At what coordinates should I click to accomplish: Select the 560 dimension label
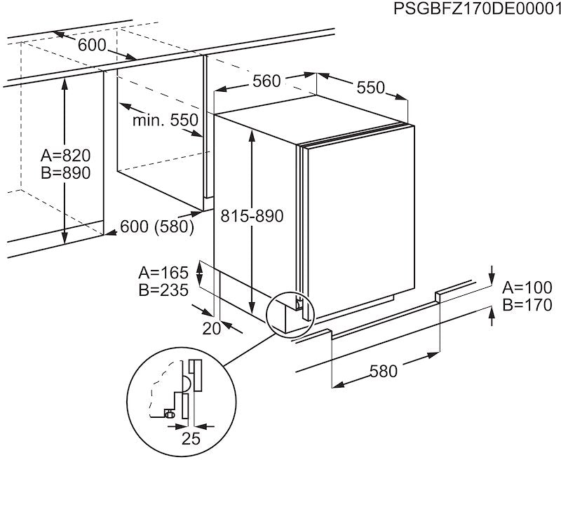pyautogui.click(x=266, y=81)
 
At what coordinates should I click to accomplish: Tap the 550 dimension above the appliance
pyautogui.click(x=370, y=88)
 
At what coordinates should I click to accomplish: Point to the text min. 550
pyautogui.click(x=165, y=120)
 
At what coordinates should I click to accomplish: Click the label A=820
pyautogui.click(x=65, y=155)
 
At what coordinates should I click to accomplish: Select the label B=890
pyautogui.click(x=65, y=173)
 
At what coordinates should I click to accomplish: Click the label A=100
pyautogui.click(x=528, y=287)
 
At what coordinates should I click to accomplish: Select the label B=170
pyautogui.click(x=528, y=305)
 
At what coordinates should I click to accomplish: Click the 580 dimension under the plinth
pyautogui.click(x=383, y=371)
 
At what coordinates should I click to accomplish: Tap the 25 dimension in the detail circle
pyautogui.click(x=191, y=440)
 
